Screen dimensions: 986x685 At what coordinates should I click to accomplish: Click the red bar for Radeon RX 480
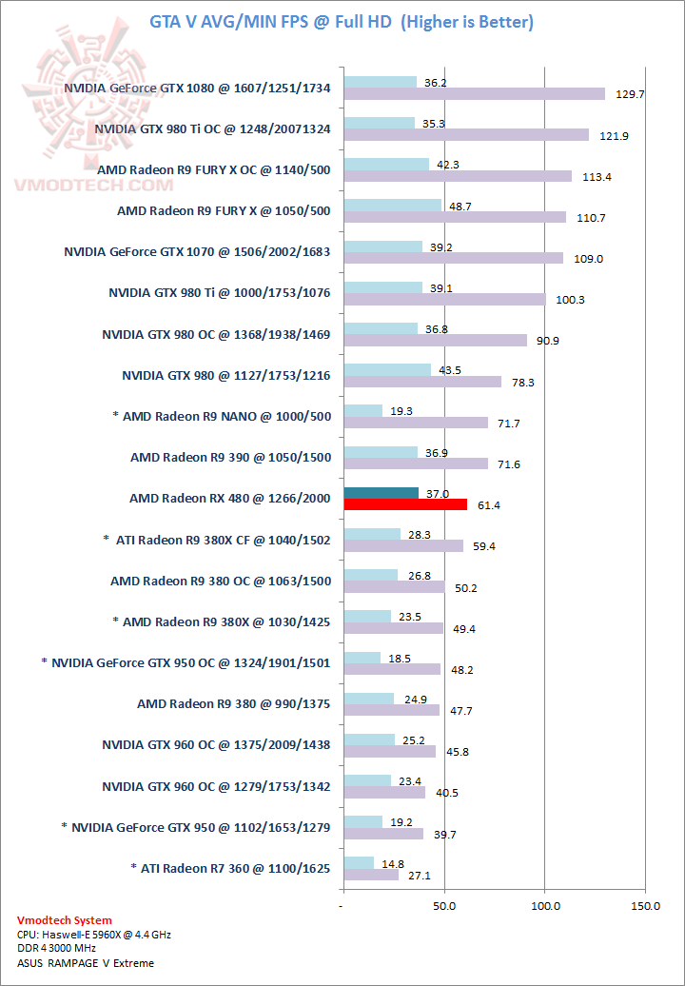point(405,504)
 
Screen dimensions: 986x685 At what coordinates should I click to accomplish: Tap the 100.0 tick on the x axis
point(544,906)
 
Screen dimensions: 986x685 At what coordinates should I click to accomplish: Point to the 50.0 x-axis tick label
point(443,906)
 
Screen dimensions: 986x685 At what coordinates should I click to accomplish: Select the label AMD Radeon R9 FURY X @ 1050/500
point(224,210)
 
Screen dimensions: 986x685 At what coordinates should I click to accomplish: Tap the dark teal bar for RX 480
point(381,492)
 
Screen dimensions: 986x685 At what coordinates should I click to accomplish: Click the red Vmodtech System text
point(65,920)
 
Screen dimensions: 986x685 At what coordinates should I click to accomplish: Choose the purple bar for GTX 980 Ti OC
point(466,135)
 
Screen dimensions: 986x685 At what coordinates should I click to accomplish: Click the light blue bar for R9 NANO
point(363,410)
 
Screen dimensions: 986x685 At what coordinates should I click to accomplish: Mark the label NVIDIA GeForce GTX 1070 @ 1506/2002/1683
point(197,251)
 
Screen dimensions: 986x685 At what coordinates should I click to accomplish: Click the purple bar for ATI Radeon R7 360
point(371,875)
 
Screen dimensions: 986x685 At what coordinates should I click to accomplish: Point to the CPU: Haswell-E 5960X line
point(93,935)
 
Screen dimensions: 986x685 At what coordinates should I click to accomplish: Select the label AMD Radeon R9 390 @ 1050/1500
point(230,457)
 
